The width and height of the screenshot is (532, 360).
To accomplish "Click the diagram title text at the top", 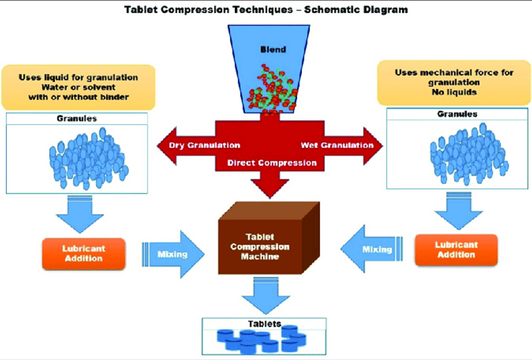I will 265,10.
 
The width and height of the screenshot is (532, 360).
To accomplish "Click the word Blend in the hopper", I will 273,50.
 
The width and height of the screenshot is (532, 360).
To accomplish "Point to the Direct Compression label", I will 267,163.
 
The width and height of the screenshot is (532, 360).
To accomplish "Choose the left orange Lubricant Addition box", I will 83,254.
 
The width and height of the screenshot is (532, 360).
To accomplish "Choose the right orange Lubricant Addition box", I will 456,249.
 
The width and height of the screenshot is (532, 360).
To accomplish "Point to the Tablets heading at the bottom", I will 266,324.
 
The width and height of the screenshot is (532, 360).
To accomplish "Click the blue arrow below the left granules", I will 81,211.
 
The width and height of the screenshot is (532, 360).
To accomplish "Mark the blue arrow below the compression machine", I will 266,295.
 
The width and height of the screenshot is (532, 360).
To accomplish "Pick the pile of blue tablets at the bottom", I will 266,341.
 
